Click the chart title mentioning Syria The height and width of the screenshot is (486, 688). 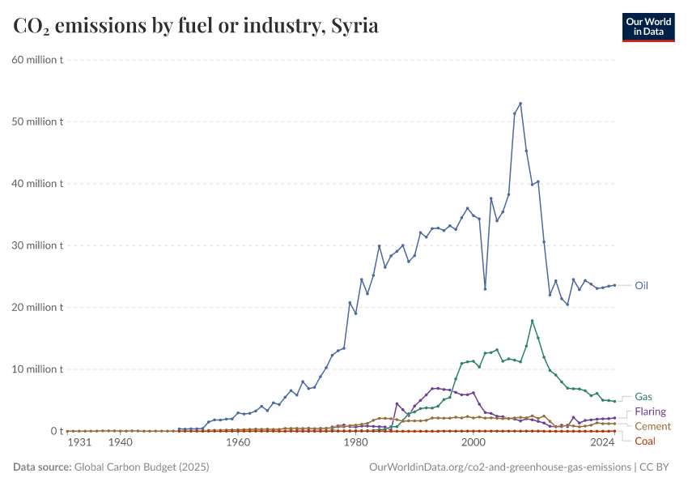pos(196,26)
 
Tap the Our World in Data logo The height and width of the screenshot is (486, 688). pos(648,27)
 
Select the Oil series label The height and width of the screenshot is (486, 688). pos(641,285)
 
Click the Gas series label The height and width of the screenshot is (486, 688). pos(643,397)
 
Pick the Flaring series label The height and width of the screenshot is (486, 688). pos(651,412)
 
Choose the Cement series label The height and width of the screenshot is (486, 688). pos(652,426)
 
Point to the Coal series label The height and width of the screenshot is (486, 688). pos(645,441)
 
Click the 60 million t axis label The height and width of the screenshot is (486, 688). pos(37,60)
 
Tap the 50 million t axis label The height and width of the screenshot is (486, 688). pos(37,122)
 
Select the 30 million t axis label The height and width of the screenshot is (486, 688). pos(37,245)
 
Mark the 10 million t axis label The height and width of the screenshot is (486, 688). pos(37,369)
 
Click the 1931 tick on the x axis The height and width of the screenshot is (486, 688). pos(79,443)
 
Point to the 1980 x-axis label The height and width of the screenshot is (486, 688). pos(355,443)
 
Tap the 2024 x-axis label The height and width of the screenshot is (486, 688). pos(602,443)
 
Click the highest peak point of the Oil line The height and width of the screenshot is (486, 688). pos(520,104)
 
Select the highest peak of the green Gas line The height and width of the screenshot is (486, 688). pos(532,321)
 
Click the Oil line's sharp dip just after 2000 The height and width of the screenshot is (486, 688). pos(485,288)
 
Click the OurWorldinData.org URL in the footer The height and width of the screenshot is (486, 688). pos(499,467)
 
